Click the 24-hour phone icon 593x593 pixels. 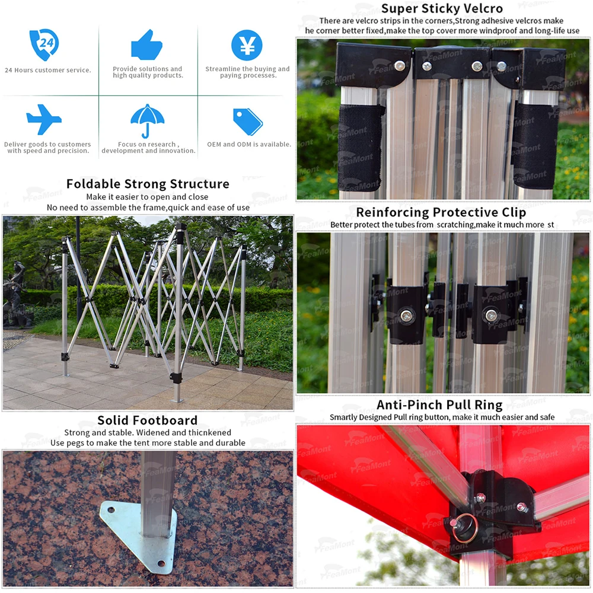[44, 45]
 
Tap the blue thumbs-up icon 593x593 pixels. [146, 44]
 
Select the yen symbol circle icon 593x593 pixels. [247, 45]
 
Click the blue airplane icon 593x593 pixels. [44, 119]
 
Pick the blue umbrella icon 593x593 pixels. [147, 120]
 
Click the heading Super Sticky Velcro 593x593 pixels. [442, 8]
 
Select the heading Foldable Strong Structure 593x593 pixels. [148, 184]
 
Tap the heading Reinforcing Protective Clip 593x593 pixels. [441, 212]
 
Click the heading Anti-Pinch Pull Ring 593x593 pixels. [439, 405]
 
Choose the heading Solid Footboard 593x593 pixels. [148, 420]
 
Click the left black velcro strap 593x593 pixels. [360, 139]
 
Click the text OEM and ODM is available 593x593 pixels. [249, 144]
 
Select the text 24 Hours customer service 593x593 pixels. [48, 70]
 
